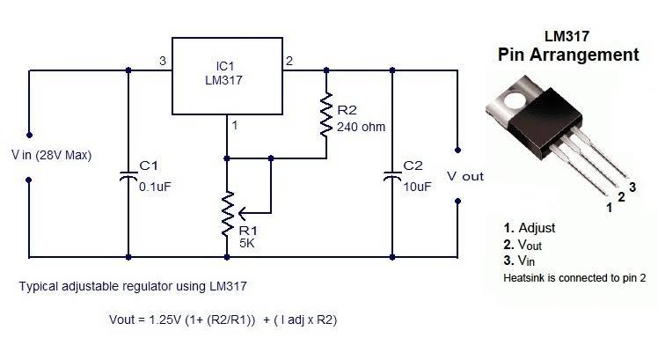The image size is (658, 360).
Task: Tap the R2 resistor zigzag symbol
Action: tap(326, 114)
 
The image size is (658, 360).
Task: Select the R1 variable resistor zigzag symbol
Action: tap(227, 213)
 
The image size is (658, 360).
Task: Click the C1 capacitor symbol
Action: tap(128, 176)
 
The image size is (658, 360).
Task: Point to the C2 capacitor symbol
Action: tap(392, 176)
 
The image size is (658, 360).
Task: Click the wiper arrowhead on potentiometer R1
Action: tap(242, 213)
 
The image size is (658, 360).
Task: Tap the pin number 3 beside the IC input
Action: tap(163, 61)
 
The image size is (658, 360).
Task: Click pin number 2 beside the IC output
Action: tap(289, 61)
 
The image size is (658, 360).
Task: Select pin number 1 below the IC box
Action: tap(235, 125)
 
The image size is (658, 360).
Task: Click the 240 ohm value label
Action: tap(361, 127)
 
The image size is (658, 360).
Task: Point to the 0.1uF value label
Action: tap(155, 187)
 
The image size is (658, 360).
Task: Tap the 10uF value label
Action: tap(417, 187)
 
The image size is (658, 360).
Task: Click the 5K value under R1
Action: tap(246, 243)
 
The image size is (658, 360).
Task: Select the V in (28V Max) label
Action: tap(51, 156)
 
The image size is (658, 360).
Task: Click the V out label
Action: tap(465, 176)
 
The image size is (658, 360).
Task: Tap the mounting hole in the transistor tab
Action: tap(515, 99)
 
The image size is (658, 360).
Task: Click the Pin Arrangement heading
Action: tap(568, 55)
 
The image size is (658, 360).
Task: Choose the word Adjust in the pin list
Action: tap(537, 228)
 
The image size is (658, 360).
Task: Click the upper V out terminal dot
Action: tap(457, 150)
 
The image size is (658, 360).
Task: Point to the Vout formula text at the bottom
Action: tap(223, 320)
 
